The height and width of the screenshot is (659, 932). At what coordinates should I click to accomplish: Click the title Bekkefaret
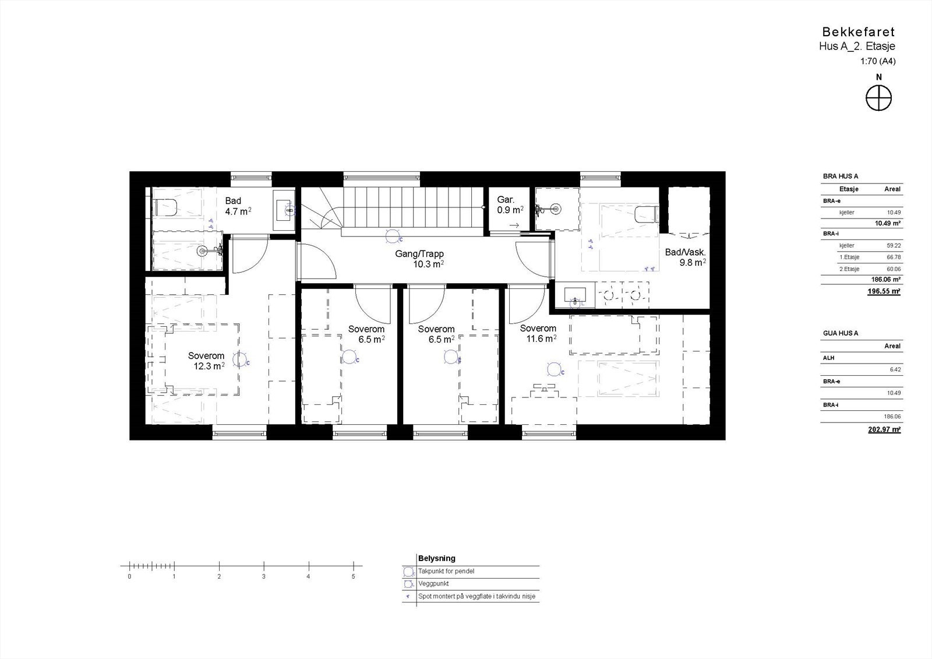(858, 32)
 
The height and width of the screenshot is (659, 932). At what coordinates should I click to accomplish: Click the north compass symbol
(878, 97)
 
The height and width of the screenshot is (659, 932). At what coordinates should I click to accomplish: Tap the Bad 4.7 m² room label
(238, 206)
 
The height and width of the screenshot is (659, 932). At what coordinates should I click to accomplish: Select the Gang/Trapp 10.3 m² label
(428, 259)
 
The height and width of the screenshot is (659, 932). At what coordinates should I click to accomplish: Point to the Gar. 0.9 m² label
(510, 205)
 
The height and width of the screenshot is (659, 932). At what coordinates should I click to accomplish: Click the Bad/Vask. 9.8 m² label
(686, 258)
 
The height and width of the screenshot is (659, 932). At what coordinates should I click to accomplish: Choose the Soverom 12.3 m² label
(206, 361)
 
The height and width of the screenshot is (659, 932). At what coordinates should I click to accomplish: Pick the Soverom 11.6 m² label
(538, 333)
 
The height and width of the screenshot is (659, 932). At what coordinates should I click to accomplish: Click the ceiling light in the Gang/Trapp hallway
(394, 237)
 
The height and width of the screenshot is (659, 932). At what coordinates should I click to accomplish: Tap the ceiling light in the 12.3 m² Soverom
(239, 360)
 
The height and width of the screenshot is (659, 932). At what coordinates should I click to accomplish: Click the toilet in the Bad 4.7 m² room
(165, 207)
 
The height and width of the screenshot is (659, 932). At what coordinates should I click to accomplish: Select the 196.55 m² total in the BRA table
(884, 291)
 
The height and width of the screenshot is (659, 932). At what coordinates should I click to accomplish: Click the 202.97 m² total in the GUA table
(884, 429)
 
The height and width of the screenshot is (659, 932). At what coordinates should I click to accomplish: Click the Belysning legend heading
(436, 558)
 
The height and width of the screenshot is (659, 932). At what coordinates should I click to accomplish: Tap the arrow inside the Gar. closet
(514, 225)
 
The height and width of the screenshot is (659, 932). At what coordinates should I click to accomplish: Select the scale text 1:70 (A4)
(877, 61)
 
